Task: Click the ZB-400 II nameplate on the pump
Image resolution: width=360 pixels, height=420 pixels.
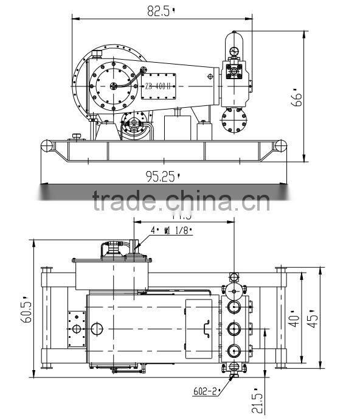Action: [x=159, y=86]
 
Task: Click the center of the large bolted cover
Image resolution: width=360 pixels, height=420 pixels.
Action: [x=111, y=85]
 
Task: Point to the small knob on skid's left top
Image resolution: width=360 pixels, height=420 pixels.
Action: [x=76, y=135]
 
